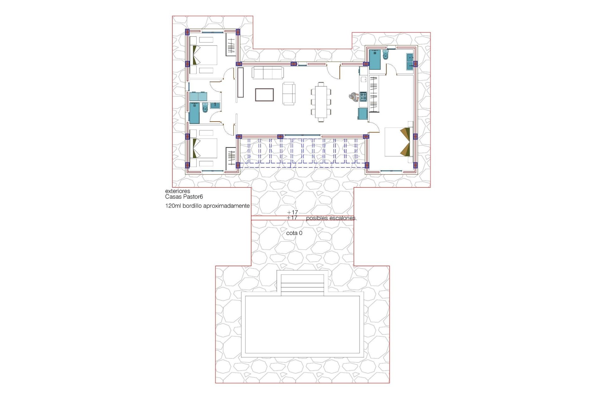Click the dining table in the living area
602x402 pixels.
321,101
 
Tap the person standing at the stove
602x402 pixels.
354,97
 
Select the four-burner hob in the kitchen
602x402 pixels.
363,97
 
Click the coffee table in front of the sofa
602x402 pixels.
264,95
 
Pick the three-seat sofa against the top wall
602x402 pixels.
268,73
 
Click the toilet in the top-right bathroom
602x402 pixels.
385,55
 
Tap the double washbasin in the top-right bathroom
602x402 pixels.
410,62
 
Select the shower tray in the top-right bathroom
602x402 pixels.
375,59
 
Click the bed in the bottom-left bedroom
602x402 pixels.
204,148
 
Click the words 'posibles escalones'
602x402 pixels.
331,218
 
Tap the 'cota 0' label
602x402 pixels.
294,233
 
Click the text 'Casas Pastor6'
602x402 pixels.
184,197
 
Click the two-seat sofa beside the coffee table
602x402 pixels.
289,93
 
